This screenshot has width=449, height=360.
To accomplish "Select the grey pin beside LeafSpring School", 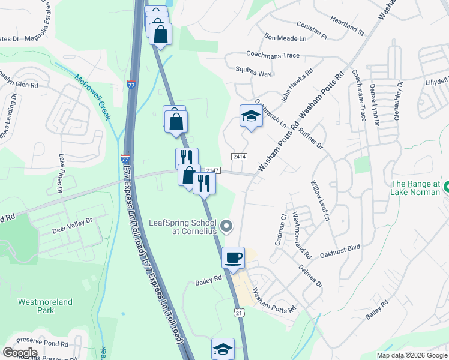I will click(x=226, y=226).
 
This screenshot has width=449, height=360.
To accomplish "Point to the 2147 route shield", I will click(x=211, y=171).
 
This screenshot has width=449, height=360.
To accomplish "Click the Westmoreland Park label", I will click(x=45, y=306).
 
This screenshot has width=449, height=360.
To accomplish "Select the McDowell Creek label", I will click(x=94, y=95).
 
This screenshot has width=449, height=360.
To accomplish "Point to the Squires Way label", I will click(x=253, y=73).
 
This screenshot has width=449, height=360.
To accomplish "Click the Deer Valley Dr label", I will click(x=72, y=221).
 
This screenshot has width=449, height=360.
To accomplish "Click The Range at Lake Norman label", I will click(x=415, y=188).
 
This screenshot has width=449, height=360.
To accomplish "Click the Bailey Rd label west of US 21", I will click(x=209, y=279).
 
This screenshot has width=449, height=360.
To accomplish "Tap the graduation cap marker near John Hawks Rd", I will click(x=252, y=116).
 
